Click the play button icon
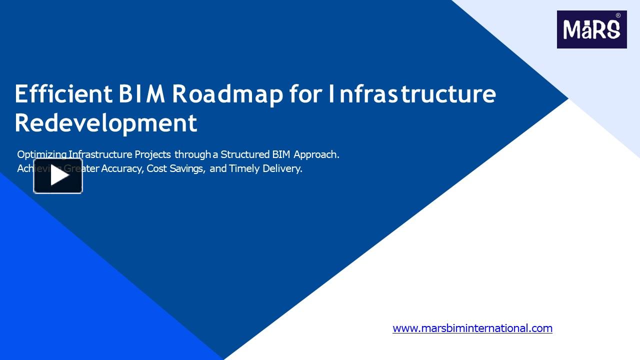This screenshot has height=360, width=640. point(58,176)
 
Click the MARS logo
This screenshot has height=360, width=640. point(591,29)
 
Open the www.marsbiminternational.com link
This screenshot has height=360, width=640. point(472,328)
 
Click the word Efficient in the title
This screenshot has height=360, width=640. point(63,93)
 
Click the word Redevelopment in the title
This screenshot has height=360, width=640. point(105,123)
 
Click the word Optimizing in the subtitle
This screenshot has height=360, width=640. point(41,154)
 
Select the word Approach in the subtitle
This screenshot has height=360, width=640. point(316,155)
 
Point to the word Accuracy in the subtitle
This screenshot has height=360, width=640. point(122,168)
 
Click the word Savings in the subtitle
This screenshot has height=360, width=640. point(187,169)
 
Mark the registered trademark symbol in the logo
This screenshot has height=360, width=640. point(618,15)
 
